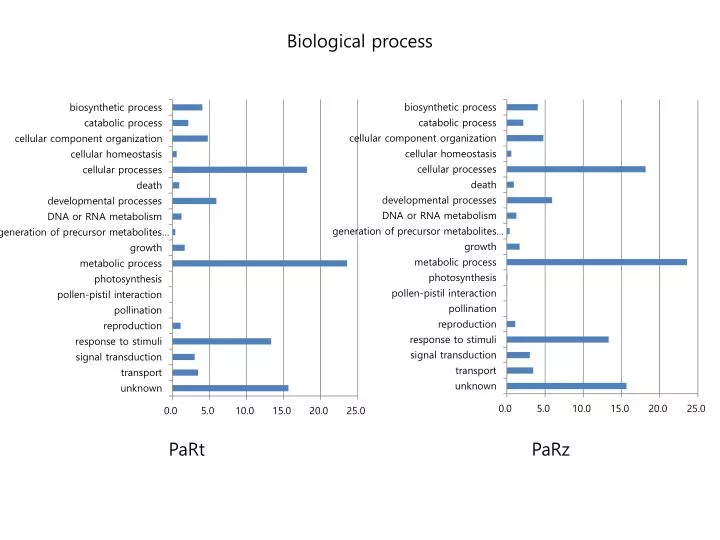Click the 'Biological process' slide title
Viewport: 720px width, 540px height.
[360, 42]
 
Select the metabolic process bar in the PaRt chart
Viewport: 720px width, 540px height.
[259, 263]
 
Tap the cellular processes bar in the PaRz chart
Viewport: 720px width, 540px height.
[576, 169]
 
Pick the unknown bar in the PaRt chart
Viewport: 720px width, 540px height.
[230, 388]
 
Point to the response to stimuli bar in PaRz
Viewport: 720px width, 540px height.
[557, 339]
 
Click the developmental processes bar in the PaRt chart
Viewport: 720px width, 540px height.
[194, 201]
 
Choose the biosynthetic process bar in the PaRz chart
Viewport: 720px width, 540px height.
[522, 107]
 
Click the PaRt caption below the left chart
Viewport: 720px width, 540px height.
[187, 450]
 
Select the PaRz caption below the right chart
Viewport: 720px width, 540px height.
[551, 450]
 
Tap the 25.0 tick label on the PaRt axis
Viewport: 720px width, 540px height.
[356, 410]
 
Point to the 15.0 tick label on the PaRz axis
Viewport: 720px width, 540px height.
[620, 408]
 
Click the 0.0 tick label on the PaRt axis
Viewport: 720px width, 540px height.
[172, 410]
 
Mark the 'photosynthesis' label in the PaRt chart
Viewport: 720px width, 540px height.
[128, 279]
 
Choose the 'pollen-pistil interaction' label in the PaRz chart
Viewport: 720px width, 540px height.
[444, 293]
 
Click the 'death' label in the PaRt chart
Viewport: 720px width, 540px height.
[149, 185]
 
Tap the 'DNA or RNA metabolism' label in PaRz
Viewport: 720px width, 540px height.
[439, 215]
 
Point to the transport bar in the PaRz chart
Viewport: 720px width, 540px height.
[520, 370]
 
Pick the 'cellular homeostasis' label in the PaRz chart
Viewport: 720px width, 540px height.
[450, 154]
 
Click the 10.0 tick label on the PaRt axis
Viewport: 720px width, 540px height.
[246, 410]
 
